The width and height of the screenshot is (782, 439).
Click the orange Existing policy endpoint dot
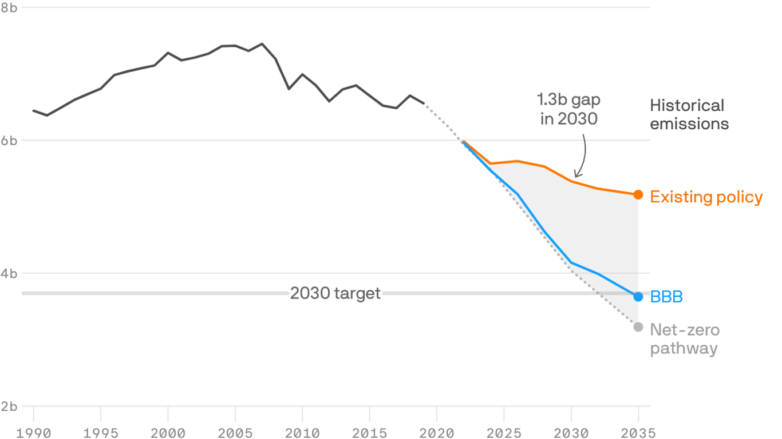coord(638,195)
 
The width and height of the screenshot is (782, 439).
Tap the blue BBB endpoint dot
coord(638,297)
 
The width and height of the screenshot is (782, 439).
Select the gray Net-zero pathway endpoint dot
coord(638,326)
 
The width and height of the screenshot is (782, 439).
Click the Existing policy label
coord(706,197)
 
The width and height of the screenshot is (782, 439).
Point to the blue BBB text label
coord(666,297)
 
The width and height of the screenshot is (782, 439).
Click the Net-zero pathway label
coord(684,339)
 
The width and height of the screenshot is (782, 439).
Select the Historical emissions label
coord(689,114)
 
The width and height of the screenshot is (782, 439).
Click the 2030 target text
coord(335,293)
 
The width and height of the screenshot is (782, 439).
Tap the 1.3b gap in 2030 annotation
coord(568,109)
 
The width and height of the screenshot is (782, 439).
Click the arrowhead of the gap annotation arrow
coord(577,174)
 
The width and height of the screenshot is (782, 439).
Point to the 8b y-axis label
coord(9,7)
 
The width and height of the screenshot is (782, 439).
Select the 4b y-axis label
coord(9,273)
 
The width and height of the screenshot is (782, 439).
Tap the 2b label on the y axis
coord(9,406)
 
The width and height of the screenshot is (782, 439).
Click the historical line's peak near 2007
coord(262,43)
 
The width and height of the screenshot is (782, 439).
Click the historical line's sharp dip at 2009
coord(289,89)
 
